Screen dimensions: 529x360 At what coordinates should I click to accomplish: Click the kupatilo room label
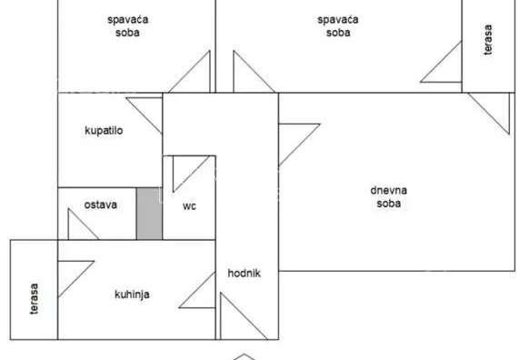[104, 131]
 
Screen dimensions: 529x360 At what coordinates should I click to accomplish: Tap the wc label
[189, 205]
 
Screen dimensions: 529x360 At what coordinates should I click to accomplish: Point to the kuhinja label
[132, 294]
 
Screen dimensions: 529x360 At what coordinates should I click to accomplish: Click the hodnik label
[245, 274]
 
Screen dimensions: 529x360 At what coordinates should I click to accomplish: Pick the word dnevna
[388, 190]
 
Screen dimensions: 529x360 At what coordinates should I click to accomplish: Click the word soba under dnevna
[388, 204]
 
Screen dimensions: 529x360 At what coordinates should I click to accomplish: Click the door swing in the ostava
[81, 225]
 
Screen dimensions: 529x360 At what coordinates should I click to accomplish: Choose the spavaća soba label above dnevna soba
[338, 25]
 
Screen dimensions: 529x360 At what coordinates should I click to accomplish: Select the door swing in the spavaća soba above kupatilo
[195, 72]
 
